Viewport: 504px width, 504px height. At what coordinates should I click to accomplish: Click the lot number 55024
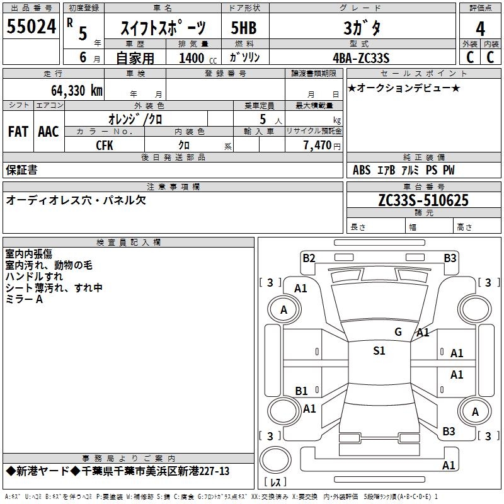point(31,26)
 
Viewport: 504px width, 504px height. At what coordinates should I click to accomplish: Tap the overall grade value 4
point(480,29)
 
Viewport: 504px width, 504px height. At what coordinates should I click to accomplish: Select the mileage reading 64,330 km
point(77,90)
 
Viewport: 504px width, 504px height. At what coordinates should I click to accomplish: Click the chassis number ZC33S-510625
point(423,200)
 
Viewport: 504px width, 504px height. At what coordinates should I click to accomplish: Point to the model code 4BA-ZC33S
point(361,58)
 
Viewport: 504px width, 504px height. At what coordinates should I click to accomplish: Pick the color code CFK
point(105,146)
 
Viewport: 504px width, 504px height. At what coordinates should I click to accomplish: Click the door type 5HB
point(244,28)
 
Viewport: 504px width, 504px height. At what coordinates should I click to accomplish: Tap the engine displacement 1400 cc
point(198,58)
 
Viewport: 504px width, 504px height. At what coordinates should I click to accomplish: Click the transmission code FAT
point(18,132)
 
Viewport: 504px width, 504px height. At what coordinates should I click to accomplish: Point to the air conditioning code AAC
point(49,132)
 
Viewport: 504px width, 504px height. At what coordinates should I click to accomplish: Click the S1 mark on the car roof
point(379,350)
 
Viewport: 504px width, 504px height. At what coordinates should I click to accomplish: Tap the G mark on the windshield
point(398,331)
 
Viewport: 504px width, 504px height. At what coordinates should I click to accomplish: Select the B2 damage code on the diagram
point(309,258)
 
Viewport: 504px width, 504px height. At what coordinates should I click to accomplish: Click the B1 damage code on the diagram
point(301,391)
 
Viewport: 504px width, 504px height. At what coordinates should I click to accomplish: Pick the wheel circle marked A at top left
point(284,309)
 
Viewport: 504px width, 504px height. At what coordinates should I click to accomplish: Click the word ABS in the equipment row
point(362,169)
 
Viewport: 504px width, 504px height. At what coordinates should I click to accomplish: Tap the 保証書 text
point(21,169)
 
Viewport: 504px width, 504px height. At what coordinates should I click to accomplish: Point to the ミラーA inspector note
point(24,299)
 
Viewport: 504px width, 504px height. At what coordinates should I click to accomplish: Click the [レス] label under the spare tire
point(275,481)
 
